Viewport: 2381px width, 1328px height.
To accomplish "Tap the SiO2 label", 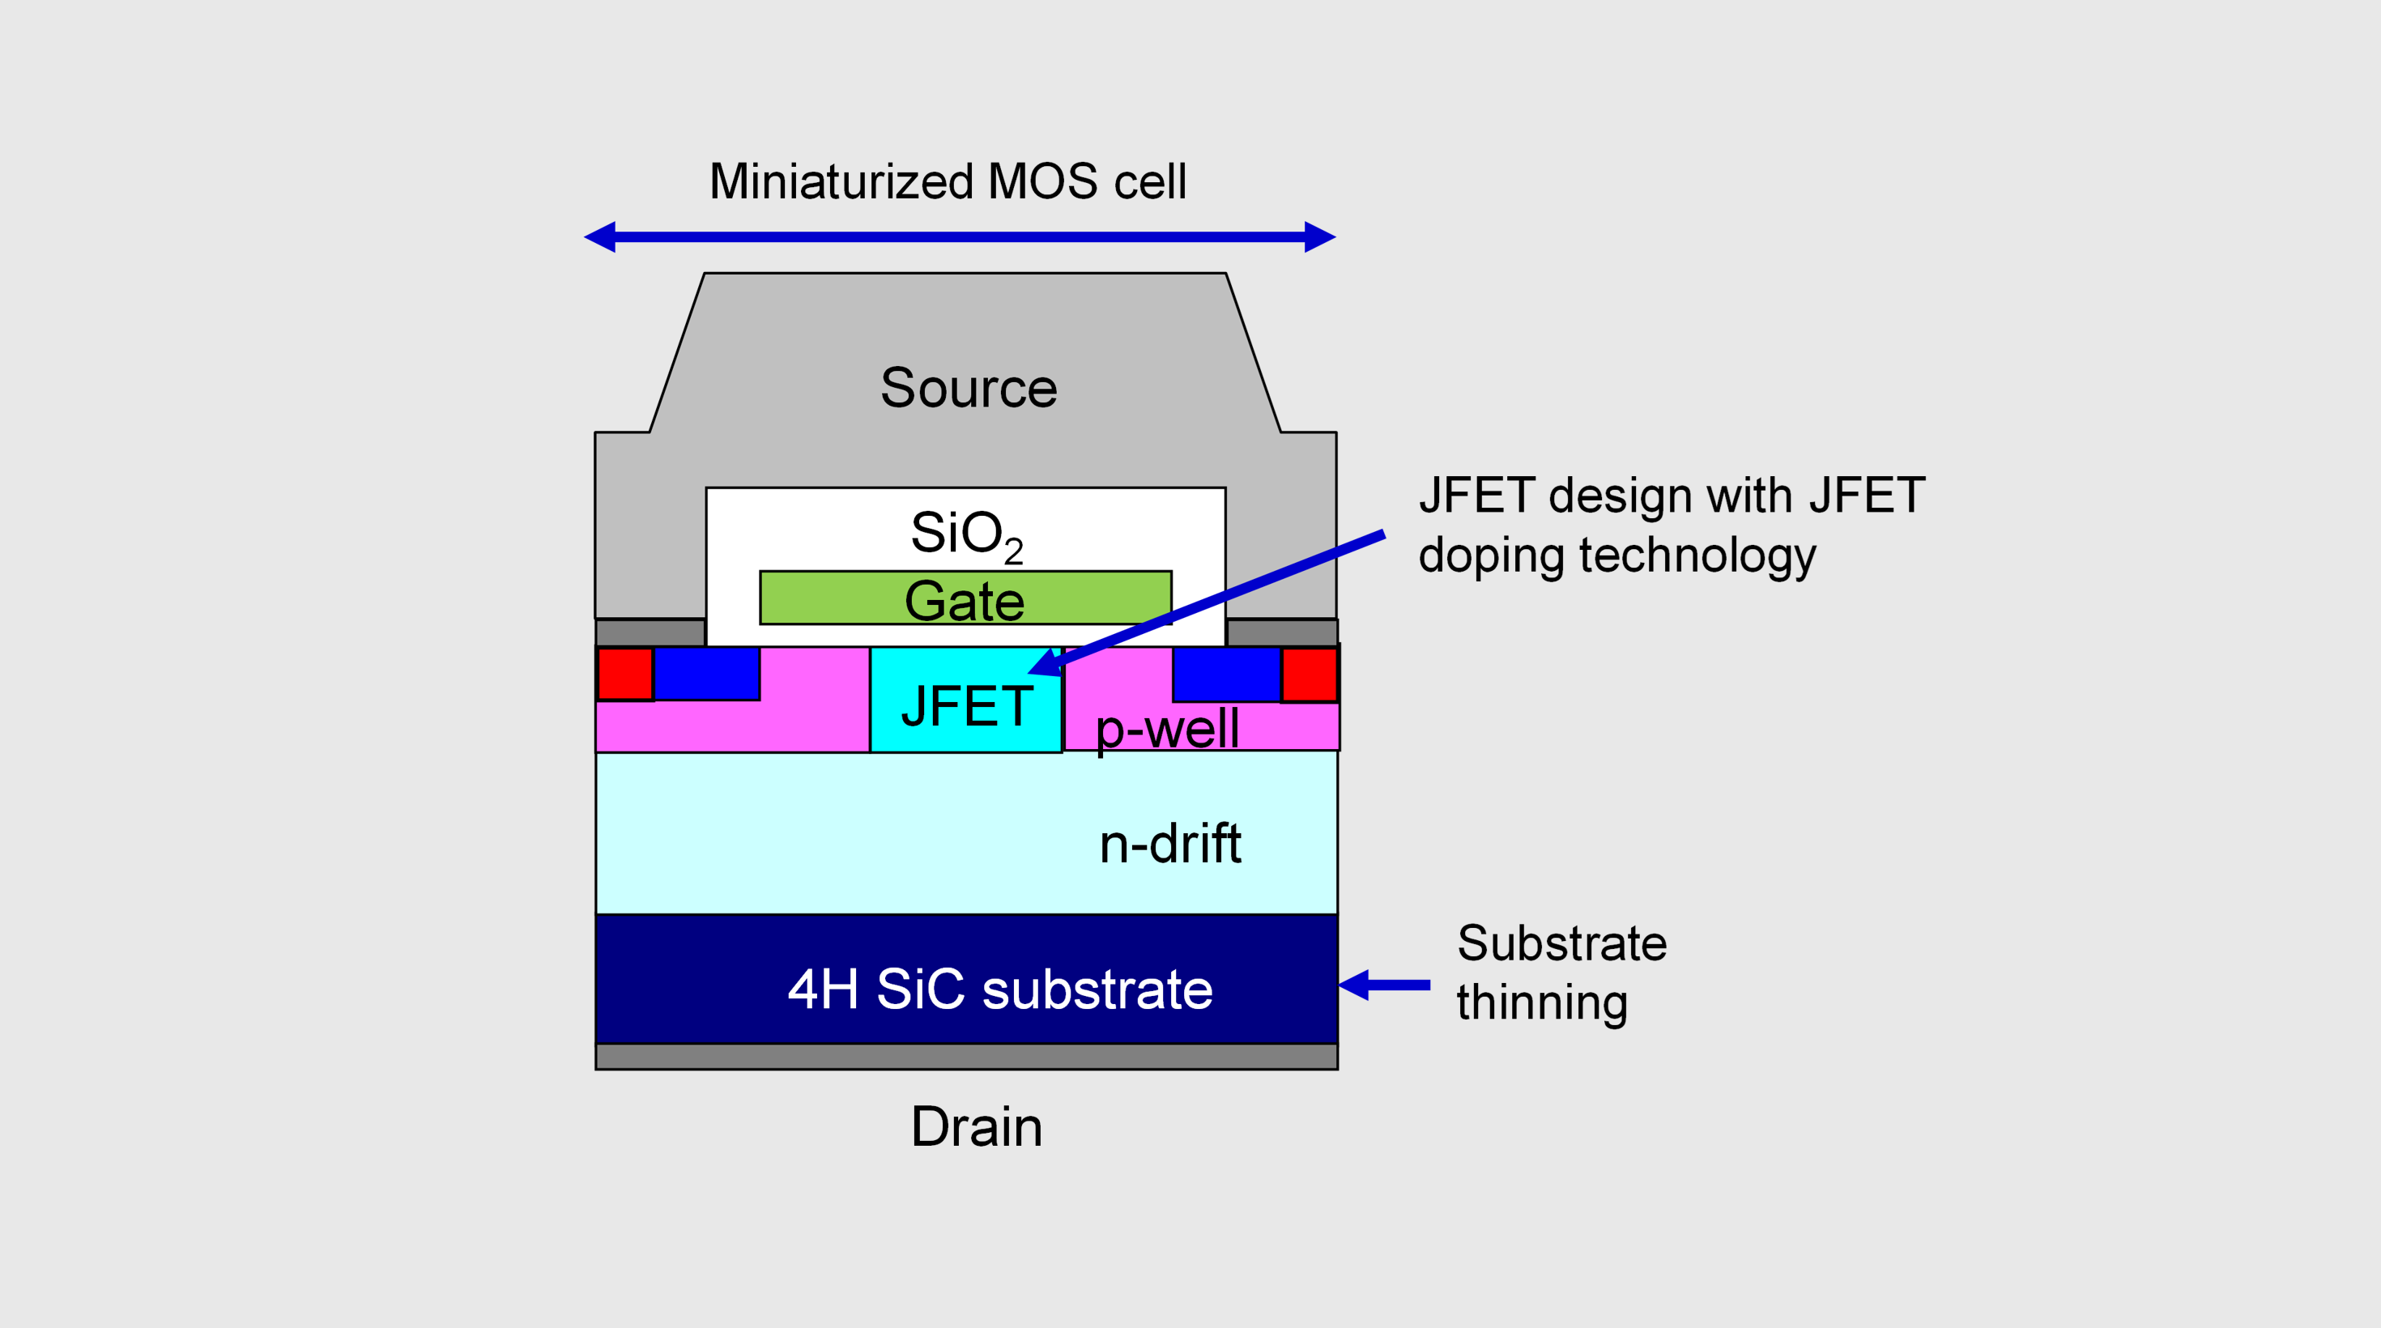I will pos(965,534).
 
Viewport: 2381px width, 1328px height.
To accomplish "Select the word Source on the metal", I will pos(968,387).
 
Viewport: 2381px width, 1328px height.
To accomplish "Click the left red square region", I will pos(625,674).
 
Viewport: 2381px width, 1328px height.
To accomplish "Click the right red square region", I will pos(1309,674).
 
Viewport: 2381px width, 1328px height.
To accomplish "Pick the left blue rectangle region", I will pos(706,673).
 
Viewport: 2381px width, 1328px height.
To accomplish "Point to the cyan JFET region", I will pos(965,706).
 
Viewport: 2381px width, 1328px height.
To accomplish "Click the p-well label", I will pos(1166,729).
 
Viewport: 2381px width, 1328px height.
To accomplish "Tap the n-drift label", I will pos(1169,844).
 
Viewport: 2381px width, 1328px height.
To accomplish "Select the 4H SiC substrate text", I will pos(999,989).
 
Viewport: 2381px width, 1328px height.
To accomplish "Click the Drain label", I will pos(976,1126).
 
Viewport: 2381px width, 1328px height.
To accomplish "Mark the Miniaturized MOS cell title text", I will pos(948,181).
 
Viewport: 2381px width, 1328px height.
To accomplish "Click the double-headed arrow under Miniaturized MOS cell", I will pos(960,236).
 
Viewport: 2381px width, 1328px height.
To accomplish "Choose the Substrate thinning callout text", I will pos(1561,973).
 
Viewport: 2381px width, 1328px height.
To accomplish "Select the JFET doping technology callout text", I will pos(1671,525).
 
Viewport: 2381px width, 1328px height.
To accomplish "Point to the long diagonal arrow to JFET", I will pos(1220,597).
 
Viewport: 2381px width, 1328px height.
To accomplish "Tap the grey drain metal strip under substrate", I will pos(966,1056).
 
